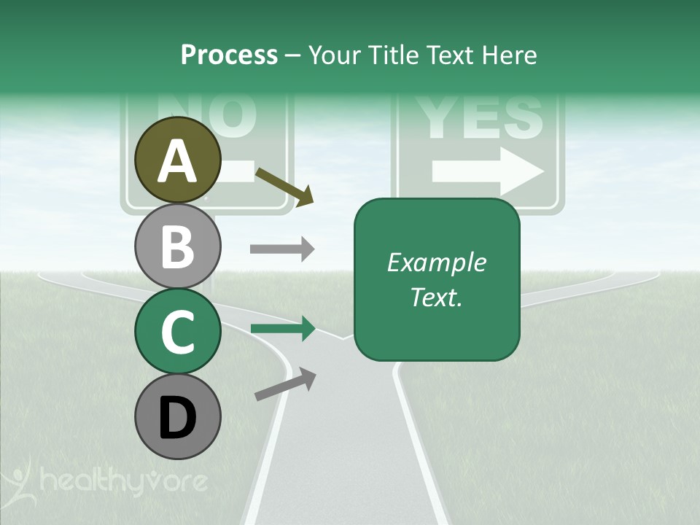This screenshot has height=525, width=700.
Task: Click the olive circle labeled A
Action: (178, 160)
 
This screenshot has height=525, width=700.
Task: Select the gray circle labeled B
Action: (178, 246)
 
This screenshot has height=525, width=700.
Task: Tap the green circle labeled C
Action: (178, 332)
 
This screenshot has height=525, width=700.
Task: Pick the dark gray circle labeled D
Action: (178, 417)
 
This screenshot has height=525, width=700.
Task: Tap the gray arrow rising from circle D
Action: (285, 384)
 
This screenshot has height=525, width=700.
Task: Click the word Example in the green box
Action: (436, 262)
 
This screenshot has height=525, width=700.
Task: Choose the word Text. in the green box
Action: (436, 297)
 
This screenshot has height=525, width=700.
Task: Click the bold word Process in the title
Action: (229, 55)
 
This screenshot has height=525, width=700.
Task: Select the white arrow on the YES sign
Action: (488, 171)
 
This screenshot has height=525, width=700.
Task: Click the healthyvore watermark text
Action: (124, 481)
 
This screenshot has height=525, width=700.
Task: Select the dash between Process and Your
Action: (292, 55)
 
